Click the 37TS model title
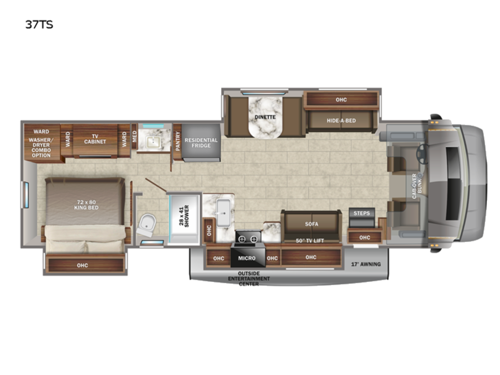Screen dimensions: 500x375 (39, 25)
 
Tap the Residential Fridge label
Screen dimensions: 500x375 (201, 143)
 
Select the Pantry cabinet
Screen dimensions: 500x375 (177, 142)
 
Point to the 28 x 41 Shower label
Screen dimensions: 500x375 (184, 216)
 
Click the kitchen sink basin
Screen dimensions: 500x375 (223, 212)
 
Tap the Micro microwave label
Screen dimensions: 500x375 (247, 258)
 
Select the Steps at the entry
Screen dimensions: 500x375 (362, 217)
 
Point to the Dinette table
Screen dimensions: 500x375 (265, 117)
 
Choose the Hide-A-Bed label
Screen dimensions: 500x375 (341, 120)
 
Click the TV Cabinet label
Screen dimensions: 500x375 (95, 139)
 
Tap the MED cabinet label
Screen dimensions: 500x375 (135, 136)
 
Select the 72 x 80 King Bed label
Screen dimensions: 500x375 (86, 205)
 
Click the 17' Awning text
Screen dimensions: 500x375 (366, 264)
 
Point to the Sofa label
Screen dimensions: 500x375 (311, 224)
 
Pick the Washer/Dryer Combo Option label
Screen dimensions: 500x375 (41, 147)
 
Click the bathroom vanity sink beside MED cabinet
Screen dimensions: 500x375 (154, 142)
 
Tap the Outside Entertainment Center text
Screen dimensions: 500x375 (249, 278)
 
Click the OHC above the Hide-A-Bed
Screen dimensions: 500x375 (341, 100)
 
